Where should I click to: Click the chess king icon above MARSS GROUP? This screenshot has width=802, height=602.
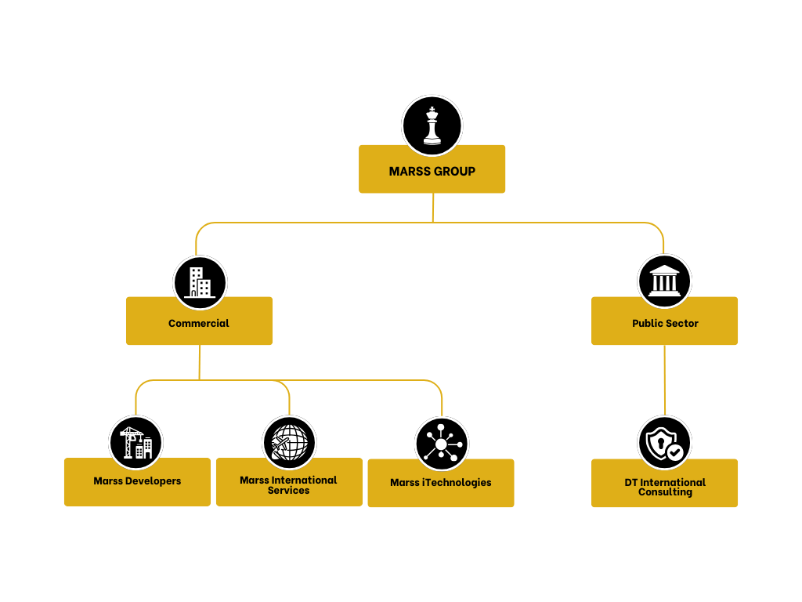click(432, 125)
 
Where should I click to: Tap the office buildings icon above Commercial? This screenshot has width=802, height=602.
click(200, 282)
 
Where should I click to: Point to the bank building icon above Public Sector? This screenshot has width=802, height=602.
click(664, 281)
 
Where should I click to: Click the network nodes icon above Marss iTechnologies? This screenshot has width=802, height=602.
click(441, 444)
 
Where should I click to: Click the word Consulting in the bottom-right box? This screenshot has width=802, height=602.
click(665, 492)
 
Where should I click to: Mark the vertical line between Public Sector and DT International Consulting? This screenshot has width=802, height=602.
click(664, 379)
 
